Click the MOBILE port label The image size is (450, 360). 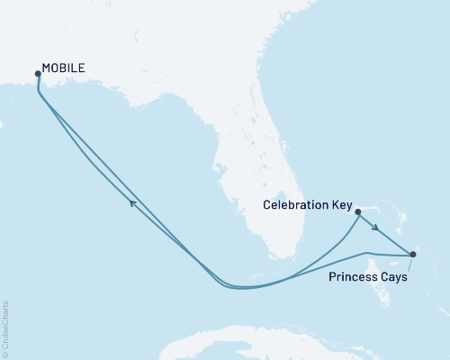click(63, 67)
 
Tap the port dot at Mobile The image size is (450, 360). click(38, 74)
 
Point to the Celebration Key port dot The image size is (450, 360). click(358, 213)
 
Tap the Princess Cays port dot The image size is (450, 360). click(412, 255)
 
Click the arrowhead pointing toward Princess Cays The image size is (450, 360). click(374, 229)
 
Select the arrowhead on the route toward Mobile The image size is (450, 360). click(132, 203)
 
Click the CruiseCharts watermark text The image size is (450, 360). click(5, 324)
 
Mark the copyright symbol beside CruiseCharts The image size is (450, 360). click(5, 353)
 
